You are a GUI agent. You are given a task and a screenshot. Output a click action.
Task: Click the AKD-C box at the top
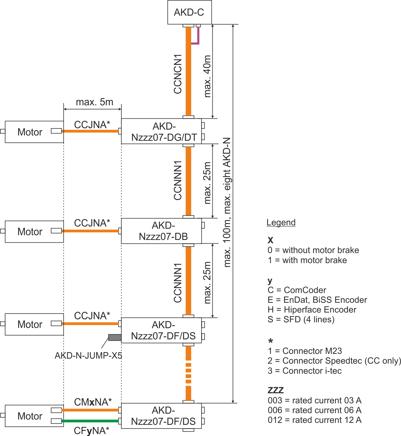click(x=189, y=12)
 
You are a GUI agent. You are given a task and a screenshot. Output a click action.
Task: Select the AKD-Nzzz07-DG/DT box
click(x=161, y=131)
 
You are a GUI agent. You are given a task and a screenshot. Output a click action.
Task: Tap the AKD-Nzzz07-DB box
click(x=161, y=231)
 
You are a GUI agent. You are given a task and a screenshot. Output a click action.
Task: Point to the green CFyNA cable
click(x=91, y=421)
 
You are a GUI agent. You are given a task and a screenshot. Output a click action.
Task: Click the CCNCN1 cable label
click(x=178, y=74)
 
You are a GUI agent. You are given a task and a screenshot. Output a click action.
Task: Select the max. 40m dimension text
click(x=207, y=76)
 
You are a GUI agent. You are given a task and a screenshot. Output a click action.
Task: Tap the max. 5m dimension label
click(x=95, y=102)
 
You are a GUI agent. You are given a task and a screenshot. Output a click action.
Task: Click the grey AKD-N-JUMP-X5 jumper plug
click(x=115, y=337)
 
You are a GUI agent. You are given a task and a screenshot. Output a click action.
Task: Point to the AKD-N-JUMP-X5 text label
click(x=88, y=356)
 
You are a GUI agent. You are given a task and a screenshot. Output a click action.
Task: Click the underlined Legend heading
click(x=281, y=223)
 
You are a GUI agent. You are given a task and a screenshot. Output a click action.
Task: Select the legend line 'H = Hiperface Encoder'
click(x=312, y=309)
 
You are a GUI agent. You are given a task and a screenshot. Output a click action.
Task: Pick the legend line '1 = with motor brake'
click(x=307, y=260)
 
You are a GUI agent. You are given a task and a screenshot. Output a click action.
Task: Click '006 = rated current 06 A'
click(x=314, y=410)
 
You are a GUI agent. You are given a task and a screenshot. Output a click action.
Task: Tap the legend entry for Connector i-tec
click(x=304, y=371)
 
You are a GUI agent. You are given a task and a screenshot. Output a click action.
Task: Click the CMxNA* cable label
click(x=93, y=402)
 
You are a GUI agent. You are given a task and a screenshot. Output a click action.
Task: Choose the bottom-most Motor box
click(x=34, y=416)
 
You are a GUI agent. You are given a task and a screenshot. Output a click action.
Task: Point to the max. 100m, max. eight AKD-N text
click(x=227, y=202)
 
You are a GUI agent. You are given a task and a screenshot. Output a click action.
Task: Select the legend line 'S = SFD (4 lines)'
click(x=301, y=319)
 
